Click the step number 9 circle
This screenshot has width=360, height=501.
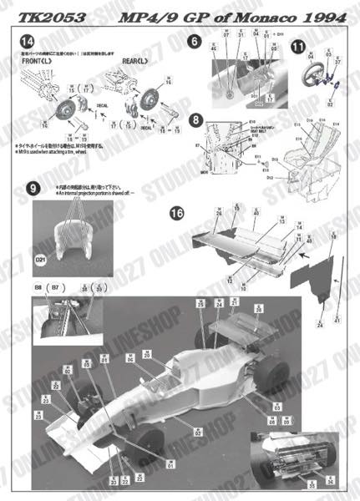33,189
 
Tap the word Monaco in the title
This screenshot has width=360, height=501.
252,9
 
